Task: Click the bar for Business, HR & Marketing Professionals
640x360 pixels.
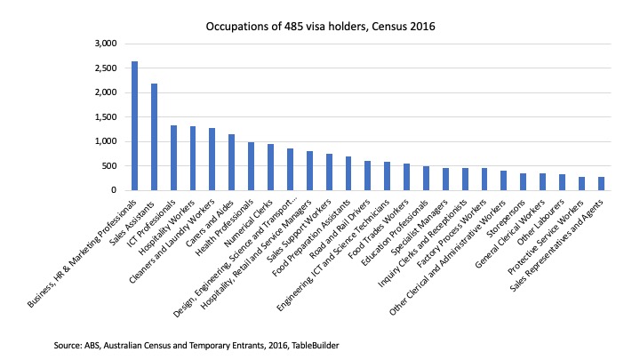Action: [x=134, y=125]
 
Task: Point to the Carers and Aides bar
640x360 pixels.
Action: [x=231, y=162]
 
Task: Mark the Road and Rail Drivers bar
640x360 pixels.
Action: [x=367, y=175]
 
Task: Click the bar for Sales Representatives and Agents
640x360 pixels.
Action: [x=601, y=183]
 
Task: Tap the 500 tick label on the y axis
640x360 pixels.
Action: [x=108, y=165]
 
